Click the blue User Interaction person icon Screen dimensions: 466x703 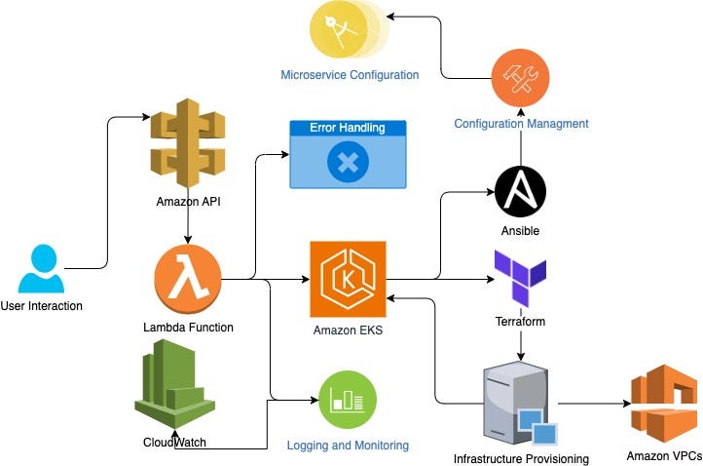click(x=41, y=269)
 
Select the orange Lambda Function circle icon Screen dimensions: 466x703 click(x=187, y=281)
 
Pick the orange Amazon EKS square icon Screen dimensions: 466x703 click(x=348, y=280)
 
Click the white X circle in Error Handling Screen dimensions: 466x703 click(x=347, y=162)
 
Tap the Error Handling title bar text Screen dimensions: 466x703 click(x=347, y=128)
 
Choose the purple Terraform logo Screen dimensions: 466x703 click(x=520, y=279)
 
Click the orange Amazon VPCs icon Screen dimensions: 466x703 click(x=663, y=403)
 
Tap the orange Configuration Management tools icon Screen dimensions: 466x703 click(x=521, y=77)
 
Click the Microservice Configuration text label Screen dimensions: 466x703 click(x=350, y=74)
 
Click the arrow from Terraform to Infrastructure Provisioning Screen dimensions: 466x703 click(x=521, y=344)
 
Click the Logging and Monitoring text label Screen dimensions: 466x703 click(x=348, y=445)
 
